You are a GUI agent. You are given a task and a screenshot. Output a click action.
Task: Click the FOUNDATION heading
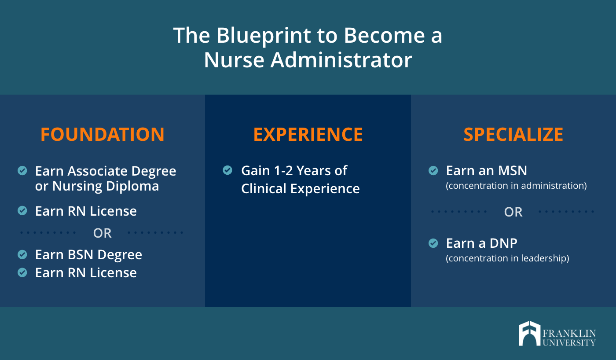click(102, 135)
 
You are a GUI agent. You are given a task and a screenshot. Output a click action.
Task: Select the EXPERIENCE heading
click(308, 135)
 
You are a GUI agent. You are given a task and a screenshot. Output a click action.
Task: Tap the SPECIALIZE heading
click(513, 135)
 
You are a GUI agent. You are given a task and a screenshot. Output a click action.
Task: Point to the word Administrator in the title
click(341, 60)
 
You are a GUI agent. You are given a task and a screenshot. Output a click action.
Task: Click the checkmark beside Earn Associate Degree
click(22, 170)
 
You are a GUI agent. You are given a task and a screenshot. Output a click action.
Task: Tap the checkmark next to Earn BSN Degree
click(22, 254)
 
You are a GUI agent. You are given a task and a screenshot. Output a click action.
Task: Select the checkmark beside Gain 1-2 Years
click(227, 170)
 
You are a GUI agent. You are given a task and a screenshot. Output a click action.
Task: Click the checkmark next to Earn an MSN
click(433, 170)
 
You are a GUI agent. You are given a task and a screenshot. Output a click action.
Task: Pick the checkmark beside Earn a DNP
click(433, 243)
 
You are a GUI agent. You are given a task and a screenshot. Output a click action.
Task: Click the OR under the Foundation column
click(102, 233)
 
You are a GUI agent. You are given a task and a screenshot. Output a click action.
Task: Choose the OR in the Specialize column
click(513, 212)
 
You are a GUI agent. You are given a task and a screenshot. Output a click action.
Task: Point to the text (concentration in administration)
click(516, 186)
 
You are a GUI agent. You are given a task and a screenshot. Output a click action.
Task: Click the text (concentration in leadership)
click(507, 258)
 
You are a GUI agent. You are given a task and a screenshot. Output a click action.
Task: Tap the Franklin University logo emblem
click(529, 333)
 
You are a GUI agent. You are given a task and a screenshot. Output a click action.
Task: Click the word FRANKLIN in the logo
click(569, 334)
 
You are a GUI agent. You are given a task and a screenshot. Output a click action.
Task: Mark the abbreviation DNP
click(503, 243)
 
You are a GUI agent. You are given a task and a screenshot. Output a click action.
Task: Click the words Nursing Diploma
click(106, 186)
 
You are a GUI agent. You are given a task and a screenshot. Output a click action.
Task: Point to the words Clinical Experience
click(300, 189)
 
